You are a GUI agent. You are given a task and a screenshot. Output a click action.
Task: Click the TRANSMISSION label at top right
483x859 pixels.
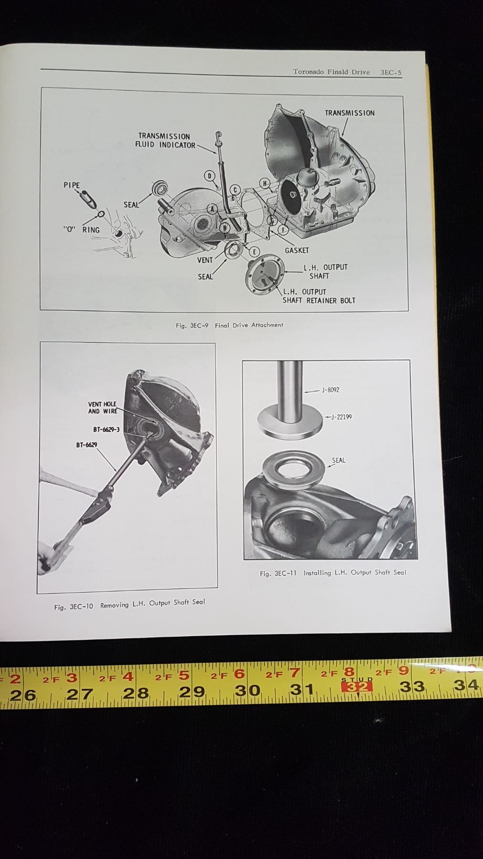coord(349,113)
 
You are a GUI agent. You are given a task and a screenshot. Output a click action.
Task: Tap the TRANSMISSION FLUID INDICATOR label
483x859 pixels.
coord(165,140)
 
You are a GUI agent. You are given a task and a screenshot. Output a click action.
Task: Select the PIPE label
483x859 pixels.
coord(72,185)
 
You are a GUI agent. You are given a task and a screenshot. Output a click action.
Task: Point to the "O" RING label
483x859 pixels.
coord(82,230)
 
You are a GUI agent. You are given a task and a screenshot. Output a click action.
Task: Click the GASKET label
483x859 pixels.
coord(297,250)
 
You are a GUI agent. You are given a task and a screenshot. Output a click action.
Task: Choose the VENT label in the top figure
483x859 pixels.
coord(205,261)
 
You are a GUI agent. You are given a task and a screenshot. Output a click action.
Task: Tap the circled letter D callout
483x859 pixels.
coord(209,176)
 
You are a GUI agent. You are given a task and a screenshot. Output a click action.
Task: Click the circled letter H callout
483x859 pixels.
coord(264,183)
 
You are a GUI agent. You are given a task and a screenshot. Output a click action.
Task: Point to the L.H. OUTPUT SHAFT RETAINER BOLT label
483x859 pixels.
coord(319,296)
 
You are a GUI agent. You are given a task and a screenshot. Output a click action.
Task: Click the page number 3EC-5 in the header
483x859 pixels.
coord(391,73)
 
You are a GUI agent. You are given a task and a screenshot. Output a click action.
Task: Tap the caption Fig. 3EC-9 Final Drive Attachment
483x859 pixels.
coord(230,325)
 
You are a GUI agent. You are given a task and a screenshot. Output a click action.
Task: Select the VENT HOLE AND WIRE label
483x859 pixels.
coord(102,408)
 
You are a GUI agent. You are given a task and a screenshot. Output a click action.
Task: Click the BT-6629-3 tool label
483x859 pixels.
coord(106,429)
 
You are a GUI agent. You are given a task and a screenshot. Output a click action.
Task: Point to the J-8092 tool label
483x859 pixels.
coord(330,390)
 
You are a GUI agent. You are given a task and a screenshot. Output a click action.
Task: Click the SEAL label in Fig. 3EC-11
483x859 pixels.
coord(338,461)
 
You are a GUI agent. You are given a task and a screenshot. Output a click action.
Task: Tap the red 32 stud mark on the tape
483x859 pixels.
coord(357,686)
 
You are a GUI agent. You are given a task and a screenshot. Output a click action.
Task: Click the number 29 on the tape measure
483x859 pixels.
coord(192,691)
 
